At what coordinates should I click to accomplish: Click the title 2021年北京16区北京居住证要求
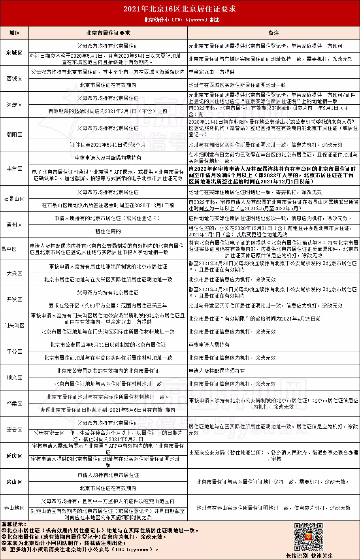(180, 9)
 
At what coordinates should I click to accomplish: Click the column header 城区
(15, 33)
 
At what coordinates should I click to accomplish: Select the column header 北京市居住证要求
(108, 33)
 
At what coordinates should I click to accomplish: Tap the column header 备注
(273, 33)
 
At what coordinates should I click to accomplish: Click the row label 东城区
(15, 53)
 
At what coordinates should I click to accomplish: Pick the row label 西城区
(15, 79)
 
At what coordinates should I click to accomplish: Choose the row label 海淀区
(15, 105)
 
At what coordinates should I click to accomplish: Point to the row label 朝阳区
(15, 134)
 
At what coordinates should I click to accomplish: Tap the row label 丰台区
(15, 168)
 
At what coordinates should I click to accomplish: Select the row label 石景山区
(15, 199)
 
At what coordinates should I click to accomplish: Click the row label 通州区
(15, 225)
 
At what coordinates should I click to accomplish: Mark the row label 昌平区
(15, 249)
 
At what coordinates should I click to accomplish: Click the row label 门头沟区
(15, 325)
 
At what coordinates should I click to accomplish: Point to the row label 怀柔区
(15, 404)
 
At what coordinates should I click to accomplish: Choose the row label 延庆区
(15, 456)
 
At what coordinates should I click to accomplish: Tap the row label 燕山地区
(15, 508)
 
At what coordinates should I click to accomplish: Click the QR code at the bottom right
(309, 537)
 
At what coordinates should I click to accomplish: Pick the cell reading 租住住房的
(108, 231)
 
